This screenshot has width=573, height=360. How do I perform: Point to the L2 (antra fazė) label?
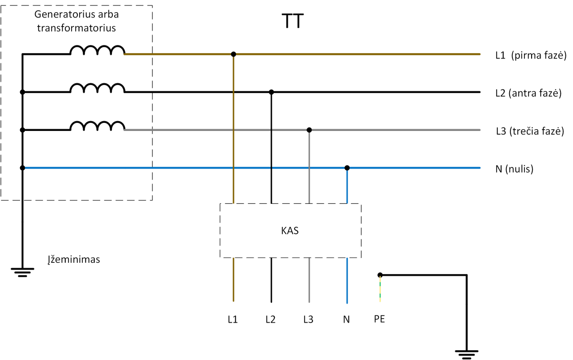(528, 94)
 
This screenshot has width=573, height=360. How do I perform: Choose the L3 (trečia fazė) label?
(529, 131)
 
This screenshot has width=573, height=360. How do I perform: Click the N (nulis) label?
(514, 170)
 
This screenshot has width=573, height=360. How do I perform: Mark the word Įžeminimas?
(73, 260)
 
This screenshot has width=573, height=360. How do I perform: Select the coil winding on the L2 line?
(97, 88)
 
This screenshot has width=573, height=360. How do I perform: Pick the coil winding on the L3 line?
(97, 126)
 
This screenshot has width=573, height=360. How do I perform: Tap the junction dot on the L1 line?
(233, 54)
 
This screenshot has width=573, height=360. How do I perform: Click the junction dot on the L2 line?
(271, 92)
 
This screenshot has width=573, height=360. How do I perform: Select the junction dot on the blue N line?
(347, 168)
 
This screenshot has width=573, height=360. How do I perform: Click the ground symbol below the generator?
(22, 273)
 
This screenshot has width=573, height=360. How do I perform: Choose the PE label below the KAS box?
(380, 319)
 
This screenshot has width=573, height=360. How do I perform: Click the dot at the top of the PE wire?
(380, 274)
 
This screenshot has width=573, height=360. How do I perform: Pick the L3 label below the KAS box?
(309, 319)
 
